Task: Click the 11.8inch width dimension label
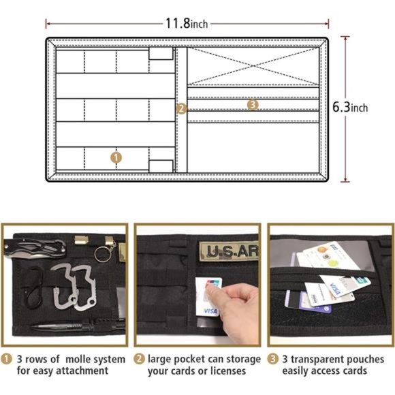pos(186,23)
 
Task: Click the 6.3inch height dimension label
pos(350,107)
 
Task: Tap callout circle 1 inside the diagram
pos(116,157)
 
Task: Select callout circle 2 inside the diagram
pos(180,108)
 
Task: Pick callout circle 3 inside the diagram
pos(253,105)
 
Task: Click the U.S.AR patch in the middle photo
pos(231,251)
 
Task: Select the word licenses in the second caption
pos(229,371)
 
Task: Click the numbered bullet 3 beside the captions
pos(273,359)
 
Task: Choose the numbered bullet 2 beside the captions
pos(140,359)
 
